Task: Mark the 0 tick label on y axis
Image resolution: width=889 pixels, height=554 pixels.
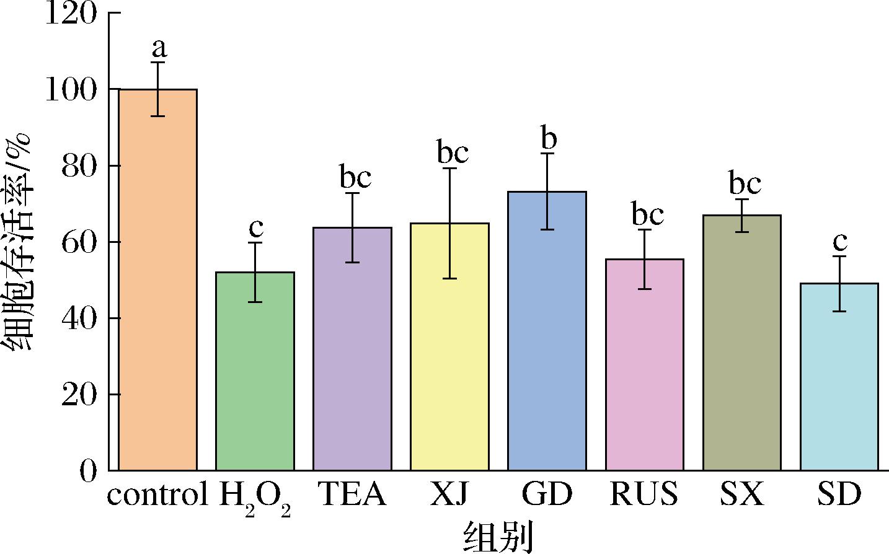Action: pos(89,471)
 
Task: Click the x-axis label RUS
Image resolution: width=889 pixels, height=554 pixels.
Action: pos(644,495)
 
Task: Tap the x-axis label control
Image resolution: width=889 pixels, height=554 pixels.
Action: pos(157,495)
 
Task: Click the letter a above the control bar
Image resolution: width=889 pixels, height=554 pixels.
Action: pos(159,48)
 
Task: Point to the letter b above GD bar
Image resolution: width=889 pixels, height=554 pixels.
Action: pos(548,139)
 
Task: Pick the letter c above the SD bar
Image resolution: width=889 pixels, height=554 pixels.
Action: pos(841,241)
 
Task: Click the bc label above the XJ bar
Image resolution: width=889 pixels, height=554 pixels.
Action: pos(453,152)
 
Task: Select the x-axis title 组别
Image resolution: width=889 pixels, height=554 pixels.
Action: pos(498,537)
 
